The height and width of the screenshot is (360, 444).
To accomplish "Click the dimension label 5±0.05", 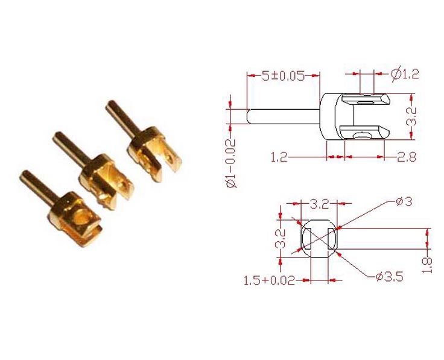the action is [283, 75].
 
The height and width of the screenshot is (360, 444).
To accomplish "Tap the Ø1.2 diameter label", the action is [404, 74].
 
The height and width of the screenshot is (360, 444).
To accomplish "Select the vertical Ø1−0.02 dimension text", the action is [231, 162].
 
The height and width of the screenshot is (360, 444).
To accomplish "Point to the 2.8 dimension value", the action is [407, 157].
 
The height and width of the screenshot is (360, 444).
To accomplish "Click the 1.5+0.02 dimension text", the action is [269, 280].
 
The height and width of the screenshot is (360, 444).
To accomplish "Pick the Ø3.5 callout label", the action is [389, 277].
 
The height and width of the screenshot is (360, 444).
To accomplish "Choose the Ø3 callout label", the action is [404, 202].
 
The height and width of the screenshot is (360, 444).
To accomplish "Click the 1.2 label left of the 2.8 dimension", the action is [279, 157].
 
